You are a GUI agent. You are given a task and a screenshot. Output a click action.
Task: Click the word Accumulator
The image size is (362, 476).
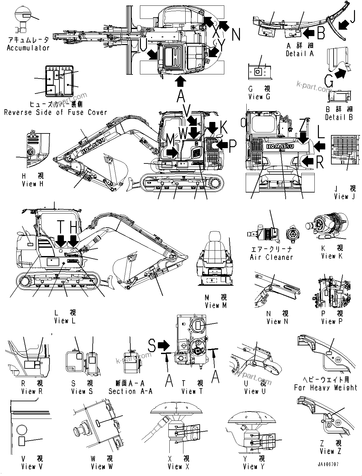click(28, 48)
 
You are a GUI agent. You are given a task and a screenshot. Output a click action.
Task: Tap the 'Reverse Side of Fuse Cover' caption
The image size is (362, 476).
click(55, 112)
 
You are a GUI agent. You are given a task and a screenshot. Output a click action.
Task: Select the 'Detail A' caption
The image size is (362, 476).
click(300, 54)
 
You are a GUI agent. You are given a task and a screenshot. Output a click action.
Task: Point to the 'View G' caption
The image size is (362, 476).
click(259, 97)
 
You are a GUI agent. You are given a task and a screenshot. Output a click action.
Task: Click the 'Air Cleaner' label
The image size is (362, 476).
click(271, 257)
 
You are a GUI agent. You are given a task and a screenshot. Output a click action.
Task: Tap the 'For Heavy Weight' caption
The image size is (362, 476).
click(326, 388)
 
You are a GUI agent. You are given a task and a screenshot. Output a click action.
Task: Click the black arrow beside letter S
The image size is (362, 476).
click(164, 345)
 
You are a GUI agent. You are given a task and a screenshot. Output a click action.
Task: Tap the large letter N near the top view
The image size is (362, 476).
click(236, 34)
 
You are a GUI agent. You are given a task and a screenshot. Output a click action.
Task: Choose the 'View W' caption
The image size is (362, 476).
click(102, 466)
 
